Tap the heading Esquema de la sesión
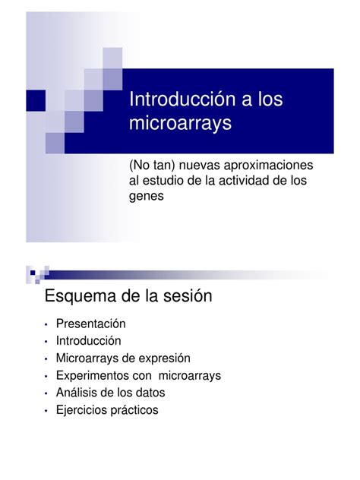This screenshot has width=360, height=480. [128, 295]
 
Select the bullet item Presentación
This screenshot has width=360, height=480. [90, 324]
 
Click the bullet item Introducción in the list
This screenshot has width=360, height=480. [88, 341]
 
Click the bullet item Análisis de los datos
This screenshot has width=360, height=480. [109, 393]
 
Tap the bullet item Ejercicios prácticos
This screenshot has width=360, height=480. [106, 410]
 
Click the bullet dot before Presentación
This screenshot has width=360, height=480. [47, 325]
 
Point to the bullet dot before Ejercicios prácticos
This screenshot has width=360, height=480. [47, 411]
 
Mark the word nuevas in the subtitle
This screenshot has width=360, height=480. [199, 166]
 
